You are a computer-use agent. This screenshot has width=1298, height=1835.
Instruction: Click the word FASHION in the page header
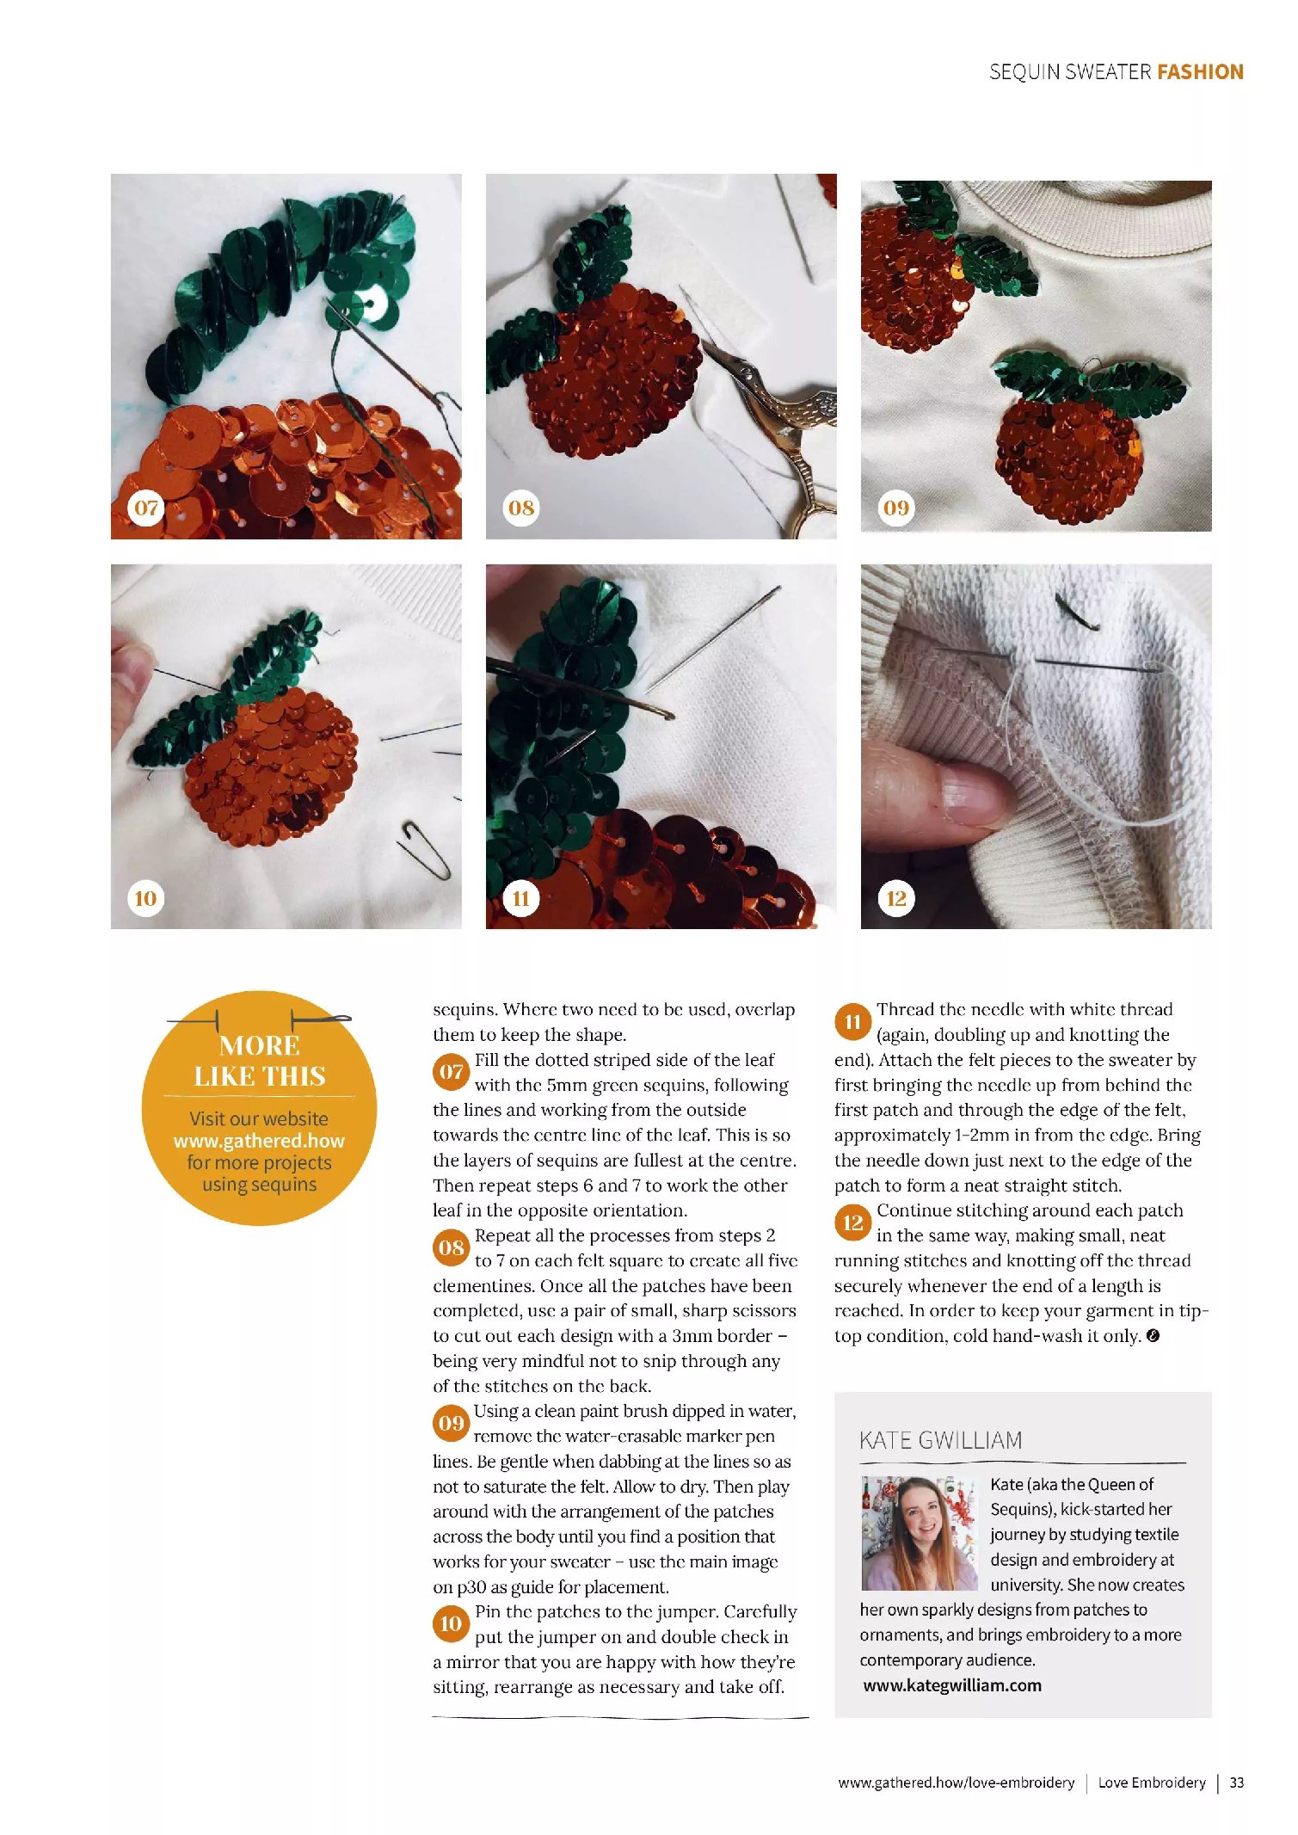[1200, 71]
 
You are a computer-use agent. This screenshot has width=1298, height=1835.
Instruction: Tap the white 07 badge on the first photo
[146, 508]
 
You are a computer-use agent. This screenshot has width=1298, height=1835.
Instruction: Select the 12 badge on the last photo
[896, 899]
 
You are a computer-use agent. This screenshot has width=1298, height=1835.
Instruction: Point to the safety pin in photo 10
[424, 849]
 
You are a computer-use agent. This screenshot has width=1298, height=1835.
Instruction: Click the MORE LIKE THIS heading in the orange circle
[260, 1061]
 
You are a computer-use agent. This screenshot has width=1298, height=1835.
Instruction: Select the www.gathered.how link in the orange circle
[259, 1141]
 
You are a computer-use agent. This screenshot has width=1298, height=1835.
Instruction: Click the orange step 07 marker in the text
[452, 1072]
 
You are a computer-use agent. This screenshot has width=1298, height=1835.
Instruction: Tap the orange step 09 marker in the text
[452, 1423]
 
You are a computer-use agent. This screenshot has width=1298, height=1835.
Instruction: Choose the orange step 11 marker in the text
[852, 1022]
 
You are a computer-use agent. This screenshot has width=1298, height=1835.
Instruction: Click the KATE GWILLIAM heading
[941, 1440]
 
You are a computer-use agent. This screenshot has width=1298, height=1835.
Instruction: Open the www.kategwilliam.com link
[952, 1685]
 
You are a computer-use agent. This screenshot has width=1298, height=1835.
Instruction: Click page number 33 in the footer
[1237, 1783]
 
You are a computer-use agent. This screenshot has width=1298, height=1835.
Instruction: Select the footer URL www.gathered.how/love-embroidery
[957, 1783]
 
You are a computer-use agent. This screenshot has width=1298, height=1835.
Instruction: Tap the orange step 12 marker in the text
[852, 1222]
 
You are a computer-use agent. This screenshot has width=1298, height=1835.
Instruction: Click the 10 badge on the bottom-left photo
[146, 899]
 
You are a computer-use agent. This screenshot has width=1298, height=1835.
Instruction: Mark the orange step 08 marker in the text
[452, 1247]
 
